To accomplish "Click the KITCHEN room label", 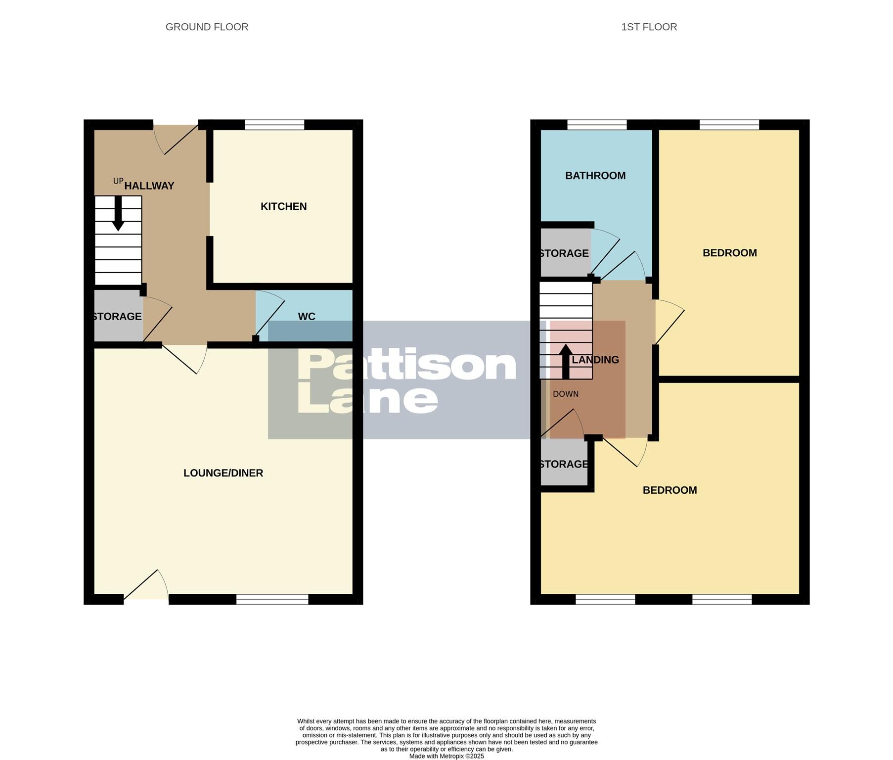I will coord(283,206).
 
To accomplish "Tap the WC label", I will coord(307,317).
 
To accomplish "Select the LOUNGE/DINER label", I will coord(223,473).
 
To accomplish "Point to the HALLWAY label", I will coord(149,186).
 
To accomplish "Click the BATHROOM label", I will coord(595,176).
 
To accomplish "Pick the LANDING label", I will coord(595,360).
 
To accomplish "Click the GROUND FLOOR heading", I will coord(207,27).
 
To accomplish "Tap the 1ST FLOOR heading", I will coord(649,27).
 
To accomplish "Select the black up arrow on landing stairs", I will coord(566,361).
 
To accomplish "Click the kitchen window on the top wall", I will coord(274,125).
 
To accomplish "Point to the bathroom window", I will coord(597,125).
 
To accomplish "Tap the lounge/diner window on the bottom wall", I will coord(272,600).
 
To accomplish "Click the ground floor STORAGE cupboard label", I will coord(118,317).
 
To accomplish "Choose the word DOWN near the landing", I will coord(566,394).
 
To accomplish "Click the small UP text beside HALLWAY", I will coord(118,181).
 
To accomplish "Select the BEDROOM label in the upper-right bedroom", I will coord(729,253).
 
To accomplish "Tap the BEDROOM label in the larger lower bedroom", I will coord(670,490).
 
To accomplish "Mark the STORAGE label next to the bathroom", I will coord(564,254).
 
